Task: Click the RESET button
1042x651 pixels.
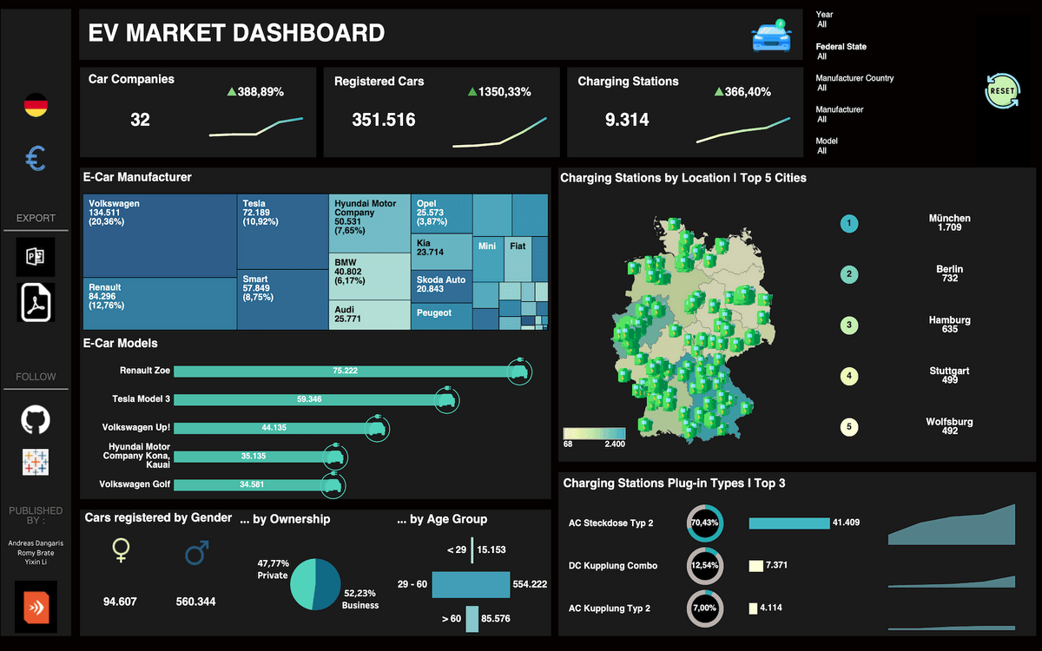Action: pos(1002,91)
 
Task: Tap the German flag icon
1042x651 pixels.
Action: pos(36,106)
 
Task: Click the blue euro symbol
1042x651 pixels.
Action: pos(36,158)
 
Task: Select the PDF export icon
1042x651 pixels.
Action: pos(36,301)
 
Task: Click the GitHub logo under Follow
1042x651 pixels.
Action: pos(36,420)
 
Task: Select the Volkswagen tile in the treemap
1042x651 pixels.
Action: pos(159,234)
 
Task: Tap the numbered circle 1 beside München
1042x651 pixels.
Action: pos(849,224)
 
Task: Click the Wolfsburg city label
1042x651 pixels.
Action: pos(949,425)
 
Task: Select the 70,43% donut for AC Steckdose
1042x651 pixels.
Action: pos(704,523)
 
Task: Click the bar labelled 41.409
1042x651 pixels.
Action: pos(788,523)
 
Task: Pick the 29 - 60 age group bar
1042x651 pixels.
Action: pos(471,584)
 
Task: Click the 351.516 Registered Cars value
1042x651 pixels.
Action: pos(383,121)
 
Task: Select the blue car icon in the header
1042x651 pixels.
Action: pos(771,36)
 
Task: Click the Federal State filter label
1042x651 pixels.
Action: pos(841,47)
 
